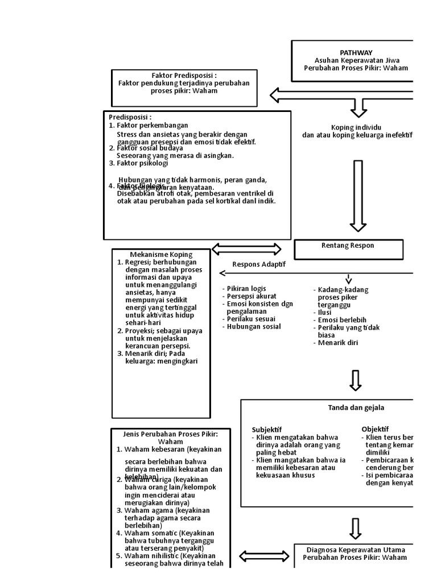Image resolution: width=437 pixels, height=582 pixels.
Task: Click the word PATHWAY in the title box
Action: (356, 52)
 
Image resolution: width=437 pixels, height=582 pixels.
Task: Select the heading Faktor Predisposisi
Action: (183, 75)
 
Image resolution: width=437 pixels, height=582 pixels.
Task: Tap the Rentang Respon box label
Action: (348, 246)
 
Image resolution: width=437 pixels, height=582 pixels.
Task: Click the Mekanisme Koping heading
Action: (161, 254)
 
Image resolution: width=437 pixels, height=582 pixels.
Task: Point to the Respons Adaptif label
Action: (259, 264)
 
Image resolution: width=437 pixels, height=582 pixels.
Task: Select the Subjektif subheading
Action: (267, 429)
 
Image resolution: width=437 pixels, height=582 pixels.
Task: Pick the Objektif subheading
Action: (375, 429)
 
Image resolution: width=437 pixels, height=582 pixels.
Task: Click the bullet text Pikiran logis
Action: (246, 289)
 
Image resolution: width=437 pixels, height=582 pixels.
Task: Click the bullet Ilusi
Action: (325, 313)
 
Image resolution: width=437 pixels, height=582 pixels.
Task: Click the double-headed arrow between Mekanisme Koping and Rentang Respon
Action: (246, 249)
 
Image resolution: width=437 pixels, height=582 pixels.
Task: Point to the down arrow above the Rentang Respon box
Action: (358, 196)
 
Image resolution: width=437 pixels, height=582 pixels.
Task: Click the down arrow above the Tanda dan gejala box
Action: (355, 380)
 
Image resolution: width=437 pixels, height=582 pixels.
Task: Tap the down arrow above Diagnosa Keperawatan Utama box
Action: (355, 528)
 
